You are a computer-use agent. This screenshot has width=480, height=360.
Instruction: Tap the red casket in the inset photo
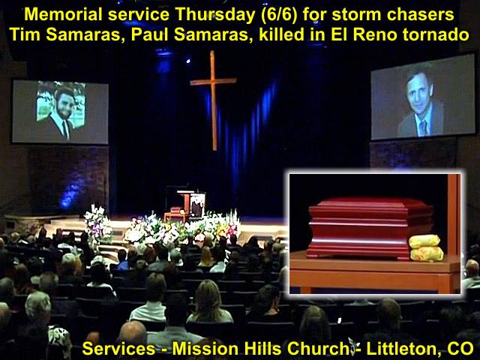tap(370, 227)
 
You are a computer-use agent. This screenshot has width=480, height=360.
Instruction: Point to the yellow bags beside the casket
tap(427, 247)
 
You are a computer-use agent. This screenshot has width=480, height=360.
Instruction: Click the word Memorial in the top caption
tap(63, 14)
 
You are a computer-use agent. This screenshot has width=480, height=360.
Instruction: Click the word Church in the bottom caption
tap(316, 348)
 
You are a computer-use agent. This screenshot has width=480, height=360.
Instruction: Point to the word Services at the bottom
tap(118, 348)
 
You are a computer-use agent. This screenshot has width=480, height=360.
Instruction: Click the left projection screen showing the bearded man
tap(60, 112)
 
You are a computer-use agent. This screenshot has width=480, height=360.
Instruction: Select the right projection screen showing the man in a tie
tap(423, 97)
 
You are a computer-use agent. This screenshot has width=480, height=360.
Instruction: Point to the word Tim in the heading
tap(25, 34)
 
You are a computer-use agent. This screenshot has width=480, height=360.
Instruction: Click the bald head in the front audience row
tap(133, 332)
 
